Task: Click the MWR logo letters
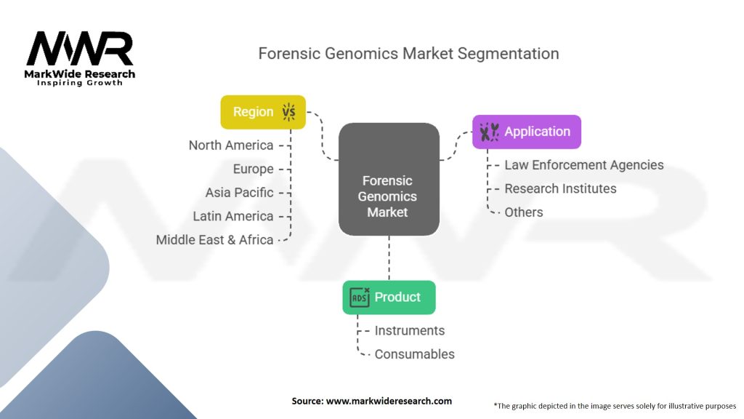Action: click(x=80, y=49)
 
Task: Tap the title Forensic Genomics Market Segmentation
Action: click(x=409, y=54)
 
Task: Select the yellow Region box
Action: click(x=263, y=112)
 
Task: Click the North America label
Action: click(x=231, y=145)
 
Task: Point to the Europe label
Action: click(x=253, y=169)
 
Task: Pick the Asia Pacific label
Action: click(x=239, y=193)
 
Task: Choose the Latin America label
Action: click(x=232, y=216)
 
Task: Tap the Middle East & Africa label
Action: click(x=214, y=240)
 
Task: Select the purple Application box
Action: click(x=527, y=132)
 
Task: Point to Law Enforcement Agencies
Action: click(x=584, y=165)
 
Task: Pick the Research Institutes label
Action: click(x=560, y=188)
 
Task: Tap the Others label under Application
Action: click(x=523, y=212)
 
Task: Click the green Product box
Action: click(x=389, y=297)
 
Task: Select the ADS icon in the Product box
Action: click(x=360, y=297)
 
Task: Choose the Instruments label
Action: click(x=409, y=330)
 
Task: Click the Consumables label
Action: click(x=414, y=354)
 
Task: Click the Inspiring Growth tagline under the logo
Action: click(x=80, y=83)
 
